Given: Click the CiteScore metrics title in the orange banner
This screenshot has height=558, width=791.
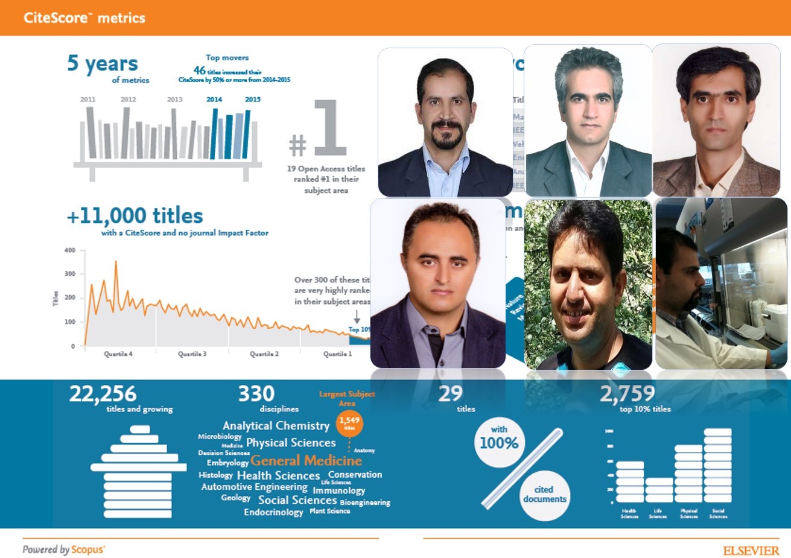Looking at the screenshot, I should [x=84, y=17].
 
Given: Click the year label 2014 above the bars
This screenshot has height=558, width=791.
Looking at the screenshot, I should [x=214, y=99].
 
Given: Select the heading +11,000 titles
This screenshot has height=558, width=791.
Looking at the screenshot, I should [x=135, y=216].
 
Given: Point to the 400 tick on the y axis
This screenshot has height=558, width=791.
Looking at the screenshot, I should [x=70, y=250].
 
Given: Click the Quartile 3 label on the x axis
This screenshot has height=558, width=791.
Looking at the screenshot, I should [x=192, y=354].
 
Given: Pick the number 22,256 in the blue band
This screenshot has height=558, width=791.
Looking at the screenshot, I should [x=103, y=394].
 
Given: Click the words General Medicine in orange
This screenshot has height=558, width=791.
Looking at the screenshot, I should [x=306, y=461].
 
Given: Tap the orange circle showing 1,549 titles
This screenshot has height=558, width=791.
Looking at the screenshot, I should [x=349, y=422].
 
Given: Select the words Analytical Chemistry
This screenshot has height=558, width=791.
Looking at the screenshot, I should [x=276, y=426].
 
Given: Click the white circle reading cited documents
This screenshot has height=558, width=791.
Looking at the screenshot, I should [x=544, y=495].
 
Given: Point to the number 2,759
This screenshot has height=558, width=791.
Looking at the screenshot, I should [x=627, y=394].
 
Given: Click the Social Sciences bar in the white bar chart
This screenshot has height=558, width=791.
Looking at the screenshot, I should [x=717, y=465].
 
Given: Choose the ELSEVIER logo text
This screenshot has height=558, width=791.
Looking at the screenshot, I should [x=751, y=551].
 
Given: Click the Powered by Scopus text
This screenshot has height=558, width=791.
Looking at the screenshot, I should [x=63, y=550].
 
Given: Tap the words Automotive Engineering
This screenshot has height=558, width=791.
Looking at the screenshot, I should [x=254, y=487].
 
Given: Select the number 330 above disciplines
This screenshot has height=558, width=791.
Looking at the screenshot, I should [x=256, y=394].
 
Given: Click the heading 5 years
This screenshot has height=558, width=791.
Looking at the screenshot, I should [x=103, y=63].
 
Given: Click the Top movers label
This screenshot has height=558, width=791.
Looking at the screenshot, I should [x=227, y=58].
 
